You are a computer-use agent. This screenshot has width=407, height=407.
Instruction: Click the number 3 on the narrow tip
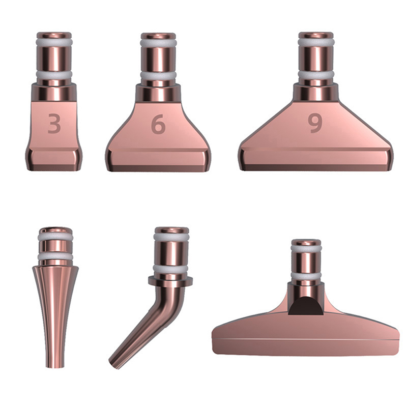(x=54, y=124)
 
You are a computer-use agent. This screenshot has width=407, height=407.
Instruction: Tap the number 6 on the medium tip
(x=158, y=124)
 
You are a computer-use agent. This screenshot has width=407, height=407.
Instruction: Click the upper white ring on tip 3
(x=54, y=42)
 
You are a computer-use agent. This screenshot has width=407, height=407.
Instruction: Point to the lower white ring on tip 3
(x=54, y=75)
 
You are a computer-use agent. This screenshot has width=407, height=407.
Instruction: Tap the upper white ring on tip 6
(x=158, y=43)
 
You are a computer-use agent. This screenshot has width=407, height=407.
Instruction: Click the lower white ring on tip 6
(x=158, y=75)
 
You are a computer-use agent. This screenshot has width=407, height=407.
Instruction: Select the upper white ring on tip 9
(x=315, y=42)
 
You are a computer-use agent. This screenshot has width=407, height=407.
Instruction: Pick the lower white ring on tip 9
(x=315, y=75)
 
